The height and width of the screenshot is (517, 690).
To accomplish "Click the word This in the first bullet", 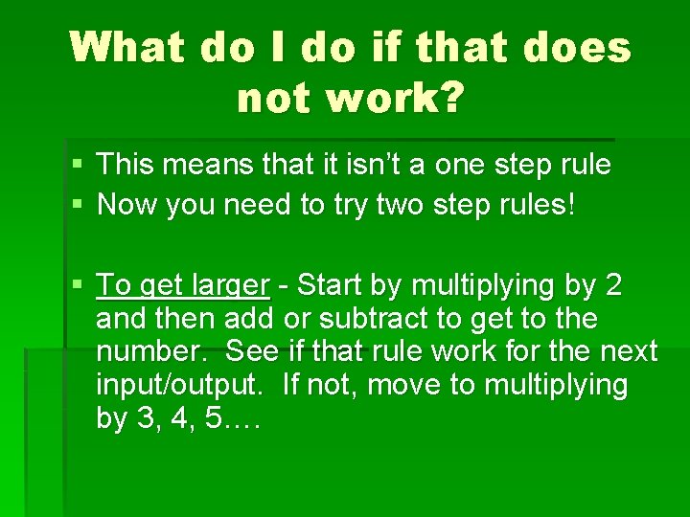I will (x=127, y=165).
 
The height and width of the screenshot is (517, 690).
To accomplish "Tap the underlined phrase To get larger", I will (x=183, y=285).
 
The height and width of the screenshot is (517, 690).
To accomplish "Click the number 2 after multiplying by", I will (x=614, y=285).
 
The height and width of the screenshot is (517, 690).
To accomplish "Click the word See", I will (x=248, y=351).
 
